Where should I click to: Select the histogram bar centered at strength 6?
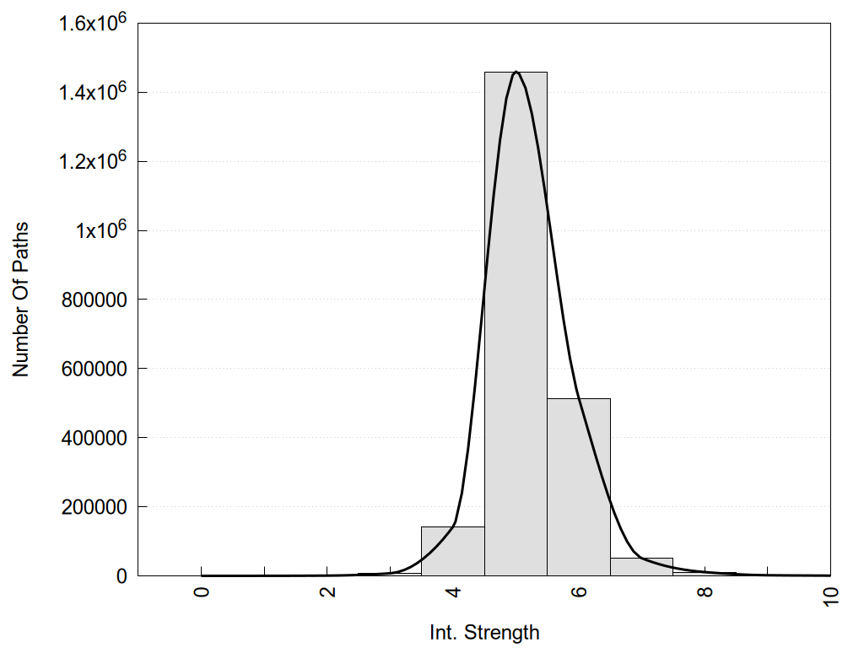(579, 489)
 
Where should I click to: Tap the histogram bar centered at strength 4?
(453, 552)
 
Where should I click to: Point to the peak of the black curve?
(516, 73)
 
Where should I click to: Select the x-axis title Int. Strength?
(484, 632)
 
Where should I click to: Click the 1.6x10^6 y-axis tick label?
(91, 23)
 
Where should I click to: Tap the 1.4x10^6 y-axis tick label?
(91, 92)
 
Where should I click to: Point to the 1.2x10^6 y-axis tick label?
(91, 161)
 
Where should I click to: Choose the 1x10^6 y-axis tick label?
(100, 230)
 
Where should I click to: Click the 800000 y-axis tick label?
(94, 300)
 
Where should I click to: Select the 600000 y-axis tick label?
(94, 369)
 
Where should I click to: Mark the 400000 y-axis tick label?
(94, 438)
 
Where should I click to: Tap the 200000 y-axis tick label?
(94, 507)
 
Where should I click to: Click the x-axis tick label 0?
(202, 591)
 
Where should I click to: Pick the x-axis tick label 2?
(327, 591)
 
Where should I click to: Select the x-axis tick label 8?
(705, 591)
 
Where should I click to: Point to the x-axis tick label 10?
(830, 595)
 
